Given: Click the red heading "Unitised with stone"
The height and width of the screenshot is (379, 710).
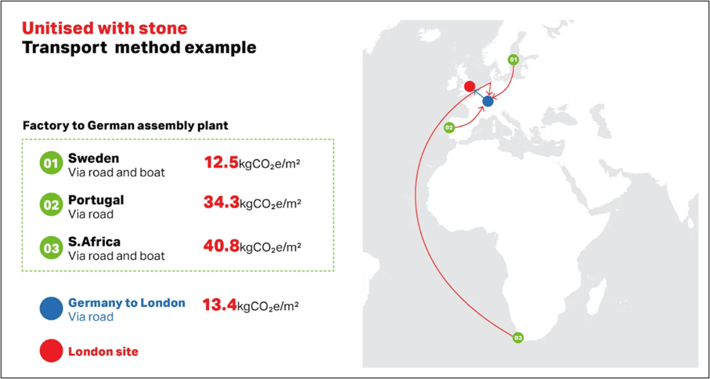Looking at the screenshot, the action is (x=105, y=28).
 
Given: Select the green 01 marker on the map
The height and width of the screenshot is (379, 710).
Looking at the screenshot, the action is (x=513, y=60).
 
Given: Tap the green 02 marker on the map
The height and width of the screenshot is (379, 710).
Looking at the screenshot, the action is (x=449, y=128).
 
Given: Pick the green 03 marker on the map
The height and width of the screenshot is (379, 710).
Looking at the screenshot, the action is (x=518, y=337).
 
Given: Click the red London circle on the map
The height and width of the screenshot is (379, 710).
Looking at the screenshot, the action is (x=470, y=85).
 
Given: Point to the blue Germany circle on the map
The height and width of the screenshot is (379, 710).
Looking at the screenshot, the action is (x=488, y=102).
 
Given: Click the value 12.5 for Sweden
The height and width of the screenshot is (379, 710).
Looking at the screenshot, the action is (x=221, y=163).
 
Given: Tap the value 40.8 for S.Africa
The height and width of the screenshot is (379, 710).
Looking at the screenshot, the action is (x=221, y=247).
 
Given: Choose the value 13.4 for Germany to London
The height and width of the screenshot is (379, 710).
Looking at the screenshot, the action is (x=220, y=306).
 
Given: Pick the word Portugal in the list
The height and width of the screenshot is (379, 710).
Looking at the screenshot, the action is (x=96, y=200).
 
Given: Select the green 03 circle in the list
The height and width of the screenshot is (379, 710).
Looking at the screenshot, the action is (x=50, y=248).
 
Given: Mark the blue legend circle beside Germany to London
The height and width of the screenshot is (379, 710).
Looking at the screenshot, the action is (x=50, y=308).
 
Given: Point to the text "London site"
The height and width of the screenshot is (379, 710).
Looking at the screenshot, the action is (x=103, y=351).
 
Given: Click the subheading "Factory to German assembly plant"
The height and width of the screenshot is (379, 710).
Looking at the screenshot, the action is (x=125, y=125).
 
